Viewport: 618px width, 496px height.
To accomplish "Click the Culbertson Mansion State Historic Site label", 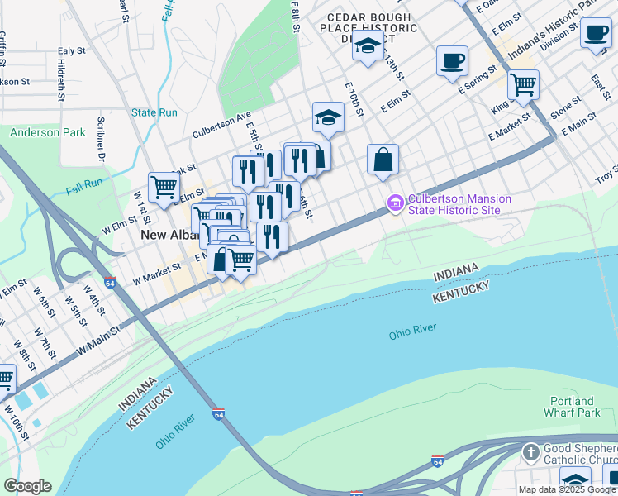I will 459,204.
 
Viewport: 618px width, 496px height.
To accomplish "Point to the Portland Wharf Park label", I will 572,407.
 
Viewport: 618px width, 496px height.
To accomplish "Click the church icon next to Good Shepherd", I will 531,451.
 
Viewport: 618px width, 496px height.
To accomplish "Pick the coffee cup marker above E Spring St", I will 452,60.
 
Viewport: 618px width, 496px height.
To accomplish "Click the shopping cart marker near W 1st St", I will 164,187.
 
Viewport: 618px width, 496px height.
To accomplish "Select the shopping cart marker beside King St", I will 523,84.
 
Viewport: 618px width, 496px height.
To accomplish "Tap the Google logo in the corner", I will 27,486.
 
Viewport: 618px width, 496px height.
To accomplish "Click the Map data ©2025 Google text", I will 567,489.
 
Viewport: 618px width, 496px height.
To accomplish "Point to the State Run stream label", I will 154,112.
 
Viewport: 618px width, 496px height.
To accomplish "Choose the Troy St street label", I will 607,174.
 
